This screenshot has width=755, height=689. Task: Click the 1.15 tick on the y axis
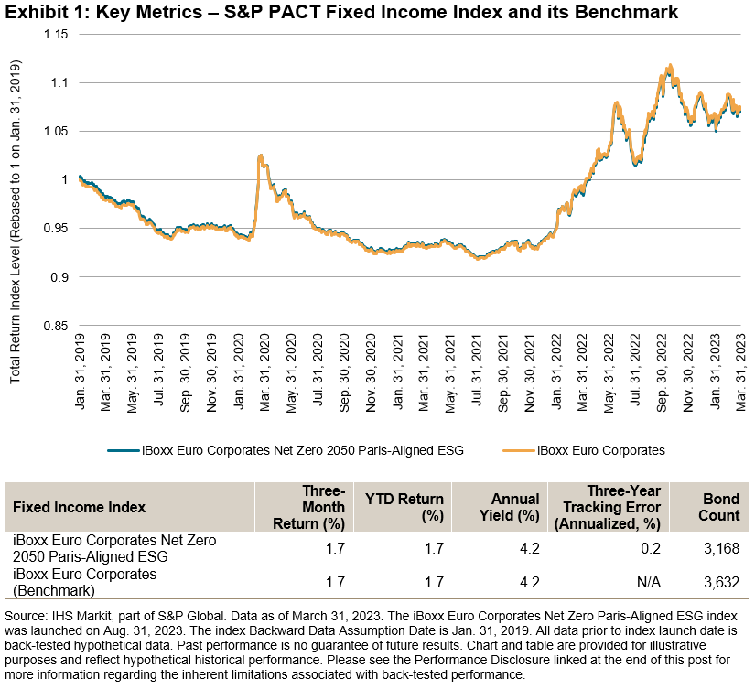tap(56, 34)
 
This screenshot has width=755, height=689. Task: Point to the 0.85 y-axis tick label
tap(56, 325)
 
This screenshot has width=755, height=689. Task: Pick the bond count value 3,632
tap(721, 582)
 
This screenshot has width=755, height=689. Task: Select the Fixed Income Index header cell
tap(79, 507)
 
